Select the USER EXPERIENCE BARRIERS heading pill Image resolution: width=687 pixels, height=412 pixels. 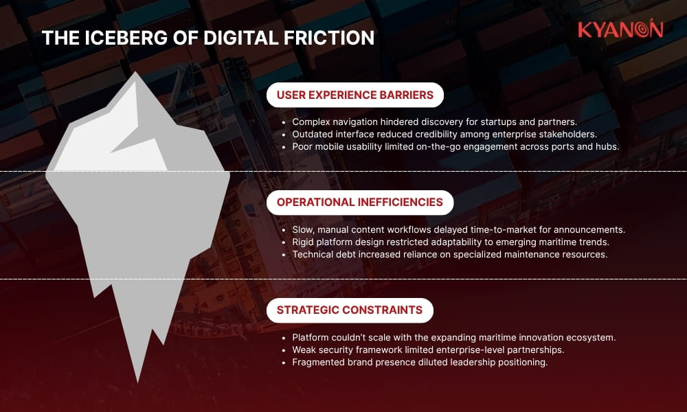pos(354,95)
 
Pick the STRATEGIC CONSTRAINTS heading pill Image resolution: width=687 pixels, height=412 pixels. pos(349,310)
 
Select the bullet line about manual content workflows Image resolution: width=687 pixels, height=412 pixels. pos(458,229)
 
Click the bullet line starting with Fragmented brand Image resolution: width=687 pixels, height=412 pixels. pos(419,362)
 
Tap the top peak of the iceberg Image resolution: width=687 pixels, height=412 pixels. pos(137,73)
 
